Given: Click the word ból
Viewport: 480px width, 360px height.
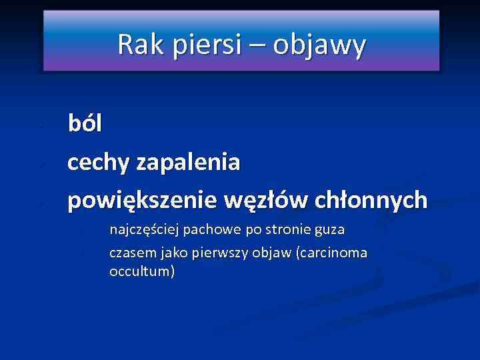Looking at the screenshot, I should click(x=85, y=124).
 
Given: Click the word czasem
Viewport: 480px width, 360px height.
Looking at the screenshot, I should click(x=129, y=253).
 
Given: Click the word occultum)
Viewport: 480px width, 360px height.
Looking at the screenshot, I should click(x=142, y=271).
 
